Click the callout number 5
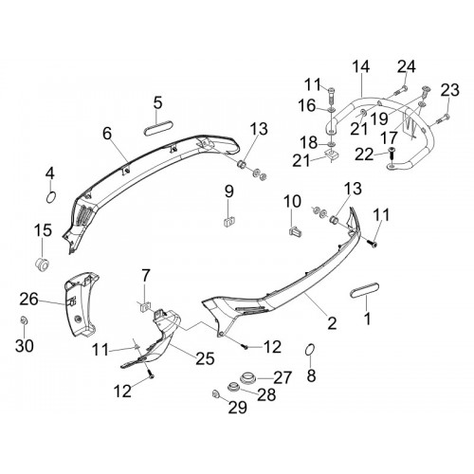tap(158, 103)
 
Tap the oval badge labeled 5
tap(158, 131)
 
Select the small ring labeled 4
tap(51, 198)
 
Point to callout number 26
tap(28, 300)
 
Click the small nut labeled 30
tap(24, 320)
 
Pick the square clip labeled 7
tap(145, 306)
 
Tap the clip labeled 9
tap(229, 221)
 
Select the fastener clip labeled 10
tap(296, 230)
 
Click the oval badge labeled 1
tap(365, 290)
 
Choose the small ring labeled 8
tap(310, 351)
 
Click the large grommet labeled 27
tap(247, 378)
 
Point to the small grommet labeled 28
tap(234, 387)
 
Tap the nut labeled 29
tap(216, 394)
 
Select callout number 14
tap(360, 66)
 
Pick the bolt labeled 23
tap(443, 118)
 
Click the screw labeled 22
tap(392, 155)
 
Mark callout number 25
tap(205, 358)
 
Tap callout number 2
tap(332, 323)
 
